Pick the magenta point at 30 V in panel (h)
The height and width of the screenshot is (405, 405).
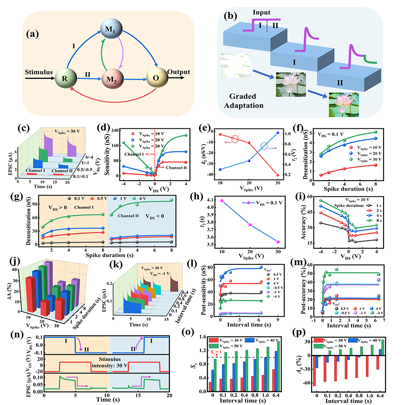[278, 242]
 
